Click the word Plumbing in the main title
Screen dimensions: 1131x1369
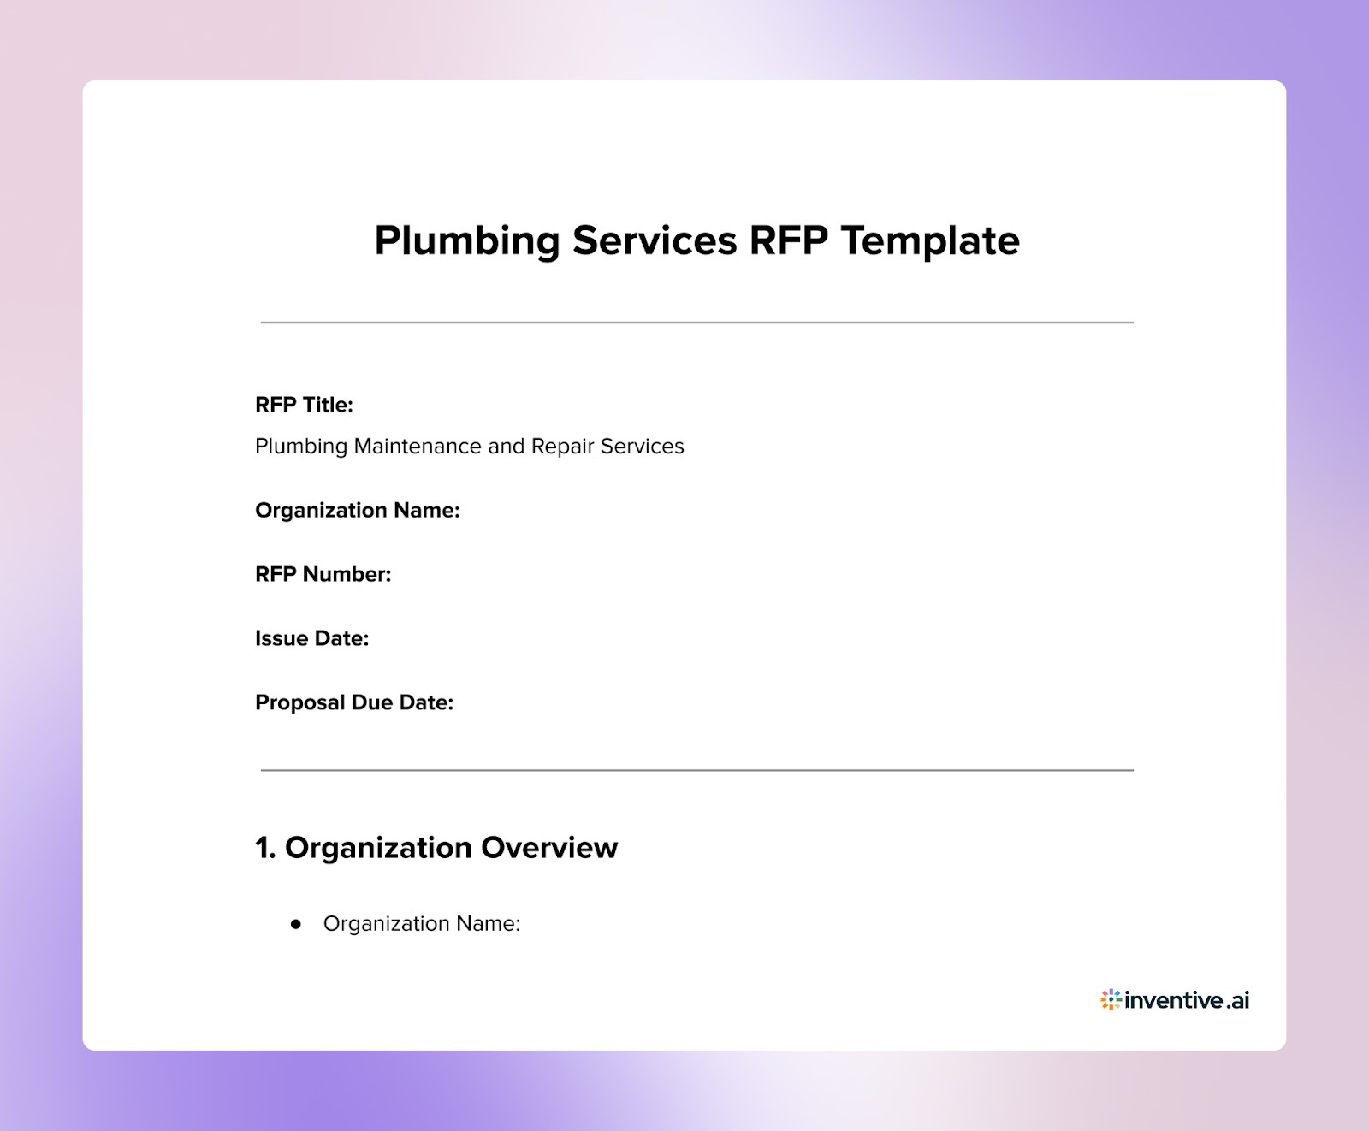(466, 241)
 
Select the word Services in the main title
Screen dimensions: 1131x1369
(655, 240)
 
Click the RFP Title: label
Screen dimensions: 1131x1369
(304, 405)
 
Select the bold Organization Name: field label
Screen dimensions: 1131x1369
(357, 511)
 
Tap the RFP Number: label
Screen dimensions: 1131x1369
(323, 574)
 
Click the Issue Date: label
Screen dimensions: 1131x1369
(311, 638)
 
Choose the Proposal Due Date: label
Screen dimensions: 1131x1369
(354, 702)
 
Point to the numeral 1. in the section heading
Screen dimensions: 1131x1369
(265, 848)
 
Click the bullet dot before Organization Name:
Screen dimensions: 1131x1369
(296, 924)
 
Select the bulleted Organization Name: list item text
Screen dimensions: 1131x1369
(421, 924)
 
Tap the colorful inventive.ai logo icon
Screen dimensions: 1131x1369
(1111, 999)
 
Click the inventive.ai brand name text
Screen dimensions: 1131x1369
(1187, 1000)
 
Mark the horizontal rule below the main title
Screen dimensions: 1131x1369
(696, 323)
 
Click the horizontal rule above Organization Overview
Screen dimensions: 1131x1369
(696, 770)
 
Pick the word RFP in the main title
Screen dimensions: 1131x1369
(788, 240)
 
